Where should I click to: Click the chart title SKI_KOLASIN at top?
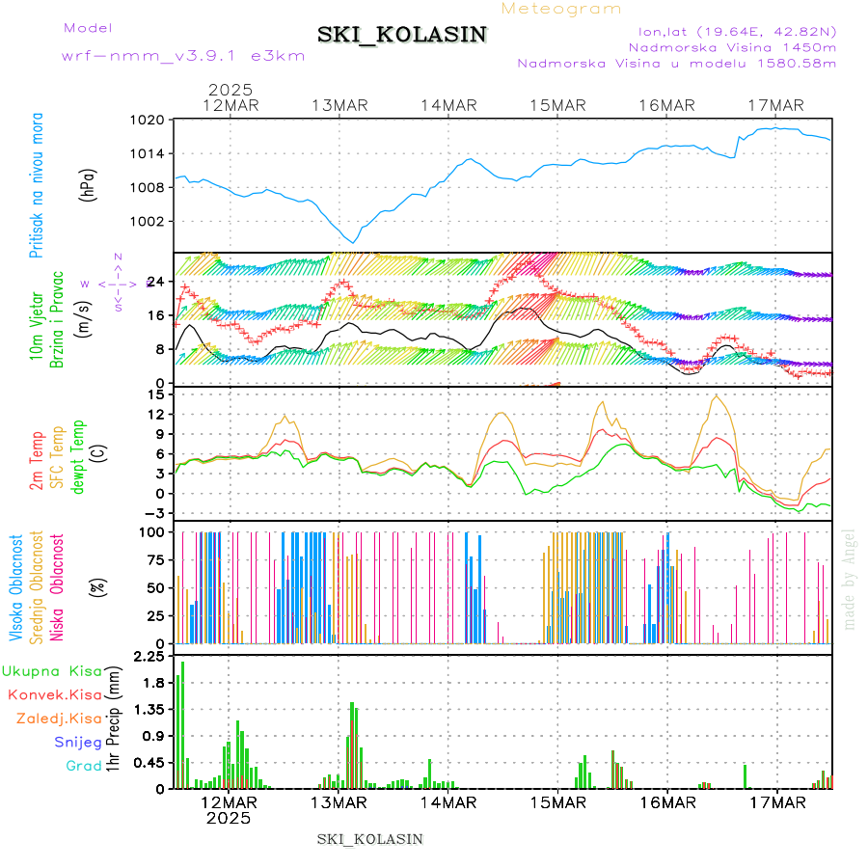coord(402,35)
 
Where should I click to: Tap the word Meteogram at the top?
coord(561,9)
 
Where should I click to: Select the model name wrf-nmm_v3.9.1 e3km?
coord(183,56)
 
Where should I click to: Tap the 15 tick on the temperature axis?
coord(154,394)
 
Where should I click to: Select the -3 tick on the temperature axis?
coord(152,513)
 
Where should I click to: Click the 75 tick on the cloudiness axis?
coord(154,559)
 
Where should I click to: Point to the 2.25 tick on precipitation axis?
coord(148,657)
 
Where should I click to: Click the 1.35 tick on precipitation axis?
coord(148,709)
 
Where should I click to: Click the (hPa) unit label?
coord(88,183)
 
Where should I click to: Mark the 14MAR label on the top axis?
coord(448,105)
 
